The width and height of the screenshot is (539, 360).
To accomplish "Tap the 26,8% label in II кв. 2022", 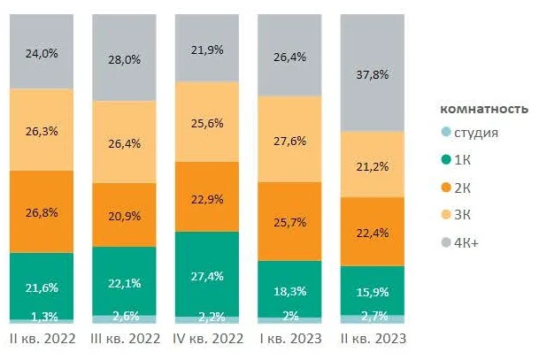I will pos(42,211).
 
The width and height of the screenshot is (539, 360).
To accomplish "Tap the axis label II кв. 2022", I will pos(42,339).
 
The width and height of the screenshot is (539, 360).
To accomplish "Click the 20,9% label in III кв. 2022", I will pos(125,216).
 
